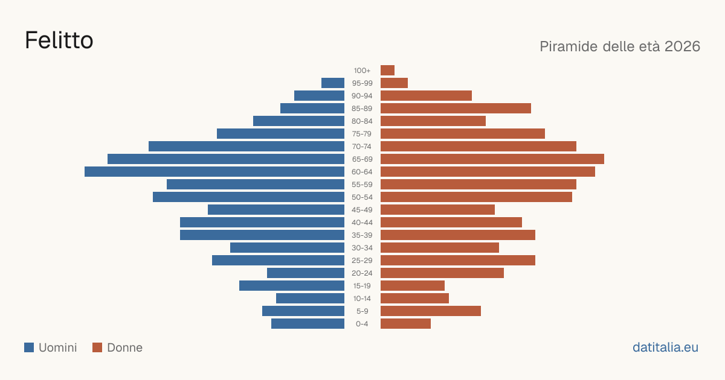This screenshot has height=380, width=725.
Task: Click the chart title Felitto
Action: pos(59,40)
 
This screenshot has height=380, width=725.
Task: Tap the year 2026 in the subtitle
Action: pos(682,46)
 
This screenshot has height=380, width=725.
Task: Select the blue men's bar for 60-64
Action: pos(214,171)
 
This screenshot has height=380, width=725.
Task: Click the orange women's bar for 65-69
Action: pos(492,159)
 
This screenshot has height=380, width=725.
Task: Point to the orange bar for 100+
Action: pos(387,70)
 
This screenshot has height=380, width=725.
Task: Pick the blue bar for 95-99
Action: pos(333,83)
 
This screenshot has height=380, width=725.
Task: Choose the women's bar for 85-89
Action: pos(456,108)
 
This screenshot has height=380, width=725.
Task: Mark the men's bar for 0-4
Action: pos(308,324)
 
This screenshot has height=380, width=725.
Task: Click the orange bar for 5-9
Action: pos(431,311)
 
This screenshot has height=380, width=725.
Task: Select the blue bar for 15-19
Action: pos(292,286)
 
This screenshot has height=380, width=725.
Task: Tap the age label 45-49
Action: pos(362,210)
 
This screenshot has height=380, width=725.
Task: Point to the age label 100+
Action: pos(362,71)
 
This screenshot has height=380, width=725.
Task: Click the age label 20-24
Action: pos(362,273)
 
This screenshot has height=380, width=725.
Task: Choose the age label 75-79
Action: pos(362,134)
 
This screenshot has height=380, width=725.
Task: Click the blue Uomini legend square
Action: pos(29,347)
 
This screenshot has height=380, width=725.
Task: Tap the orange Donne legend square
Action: pos(97,347)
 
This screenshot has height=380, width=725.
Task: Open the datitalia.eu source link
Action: pos(665,347)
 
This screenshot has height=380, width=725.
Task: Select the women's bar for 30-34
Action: pos(440,248)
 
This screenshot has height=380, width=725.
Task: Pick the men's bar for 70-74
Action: pos(246,147)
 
